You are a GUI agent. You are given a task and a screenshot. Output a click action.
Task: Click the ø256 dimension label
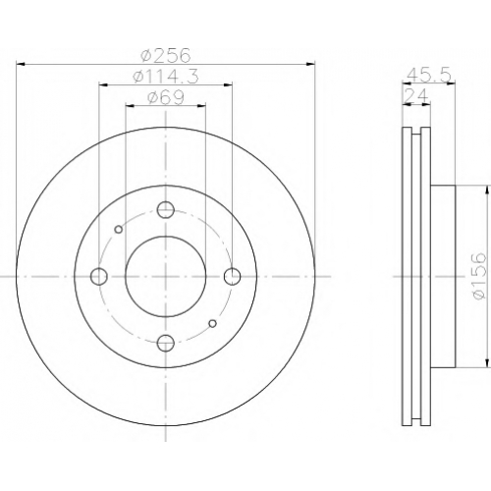click(x=165, y=55)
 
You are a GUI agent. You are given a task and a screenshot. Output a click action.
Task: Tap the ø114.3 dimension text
click(x=166, y=77)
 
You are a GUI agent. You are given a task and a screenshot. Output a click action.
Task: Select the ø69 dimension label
click(x=166, y=97)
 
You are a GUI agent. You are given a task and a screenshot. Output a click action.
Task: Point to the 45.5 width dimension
click(x=428, y=76)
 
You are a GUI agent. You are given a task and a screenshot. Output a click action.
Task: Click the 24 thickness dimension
click(x=416, y=96)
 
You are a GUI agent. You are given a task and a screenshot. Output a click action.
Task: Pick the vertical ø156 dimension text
click(x=477, y=276)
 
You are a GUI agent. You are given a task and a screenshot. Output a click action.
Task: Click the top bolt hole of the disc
click(x=166, y=210)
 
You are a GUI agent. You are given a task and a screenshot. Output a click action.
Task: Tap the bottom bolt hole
click(x=166, y=343)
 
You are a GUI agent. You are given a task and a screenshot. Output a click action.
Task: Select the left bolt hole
click(x=99, y=276)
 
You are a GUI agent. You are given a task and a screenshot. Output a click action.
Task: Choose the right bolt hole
click(x=233, y=276)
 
